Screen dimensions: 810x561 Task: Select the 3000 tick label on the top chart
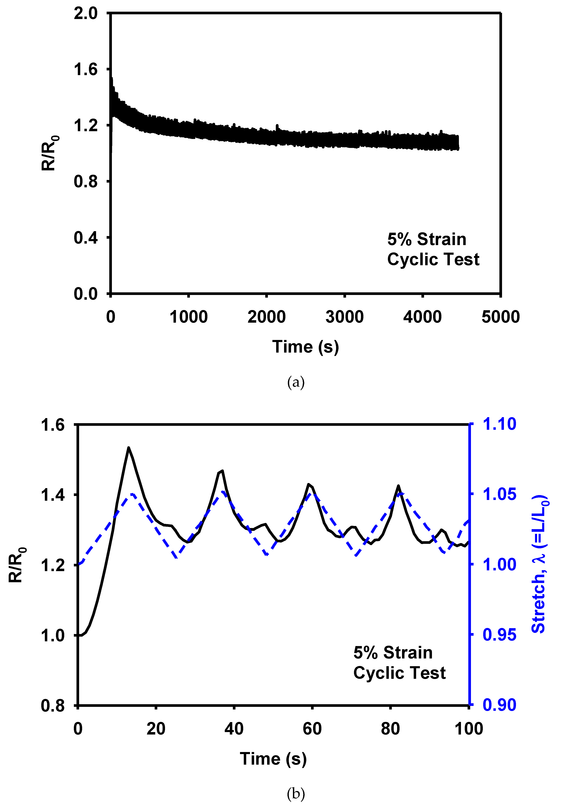(345, 317)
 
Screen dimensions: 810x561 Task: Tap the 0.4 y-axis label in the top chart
(85, 238)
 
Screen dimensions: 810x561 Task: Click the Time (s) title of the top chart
(305, 347)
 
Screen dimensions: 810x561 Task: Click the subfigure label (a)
(296, 382)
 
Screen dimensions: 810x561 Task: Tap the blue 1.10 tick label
(499, 424)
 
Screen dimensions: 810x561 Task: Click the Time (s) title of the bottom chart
(273, 759)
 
